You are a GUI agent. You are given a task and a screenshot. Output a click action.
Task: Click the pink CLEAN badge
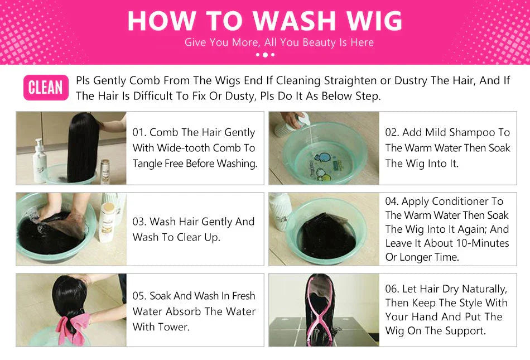point(46,87)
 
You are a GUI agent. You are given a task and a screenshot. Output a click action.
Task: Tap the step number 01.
point(138,132)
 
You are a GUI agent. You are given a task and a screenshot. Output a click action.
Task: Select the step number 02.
point(392,132)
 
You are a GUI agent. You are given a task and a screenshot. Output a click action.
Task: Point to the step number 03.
point(139,222)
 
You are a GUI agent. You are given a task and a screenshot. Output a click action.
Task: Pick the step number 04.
point(392,201)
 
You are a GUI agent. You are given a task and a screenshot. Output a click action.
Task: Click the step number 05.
point(139,296)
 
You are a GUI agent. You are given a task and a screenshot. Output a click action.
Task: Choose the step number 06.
point(392,289)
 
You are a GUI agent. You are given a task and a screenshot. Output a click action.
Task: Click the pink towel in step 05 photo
point(72,327)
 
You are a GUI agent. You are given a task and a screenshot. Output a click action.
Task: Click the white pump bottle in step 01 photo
point(40,161)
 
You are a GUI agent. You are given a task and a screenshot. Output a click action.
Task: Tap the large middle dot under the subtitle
point(266,55)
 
